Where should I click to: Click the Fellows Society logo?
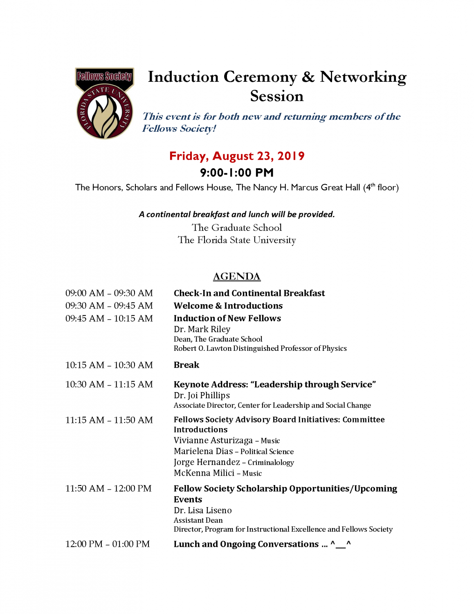pos(105,103)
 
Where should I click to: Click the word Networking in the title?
pos(363,77)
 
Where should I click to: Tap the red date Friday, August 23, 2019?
pos(237,156)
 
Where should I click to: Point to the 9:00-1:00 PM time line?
pos(237,173)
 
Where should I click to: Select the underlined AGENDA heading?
pos(237,277)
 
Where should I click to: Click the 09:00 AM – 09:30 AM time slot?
pos(109,293)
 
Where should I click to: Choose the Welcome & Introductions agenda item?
pos(228,306)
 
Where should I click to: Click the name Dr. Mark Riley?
pos(202,329)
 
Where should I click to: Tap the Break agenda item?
pos(186,365)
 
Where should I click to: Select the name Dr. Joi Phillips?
pos(202,395)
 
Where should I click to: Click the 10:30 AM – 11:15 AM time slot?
pos(109,384)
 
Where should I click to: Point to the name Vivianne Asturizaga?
pos(213,440)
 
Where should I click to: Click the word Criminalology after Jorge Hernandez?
pos(271,463)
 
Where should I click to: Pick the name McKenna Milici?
pos(204,473)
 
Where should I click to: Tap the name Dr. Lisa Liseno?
pos(203,510)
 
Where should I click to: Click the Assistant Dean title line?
pos(198,520)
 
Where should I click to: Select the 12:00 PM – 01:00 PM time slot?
pos(108,544)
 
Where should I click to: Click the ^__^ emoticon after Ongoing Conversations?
pos(341,544)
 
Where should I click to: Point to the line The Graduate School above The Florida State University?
pos(237,228)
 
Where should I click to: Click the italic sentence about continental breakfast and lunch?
pos(237,214)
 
